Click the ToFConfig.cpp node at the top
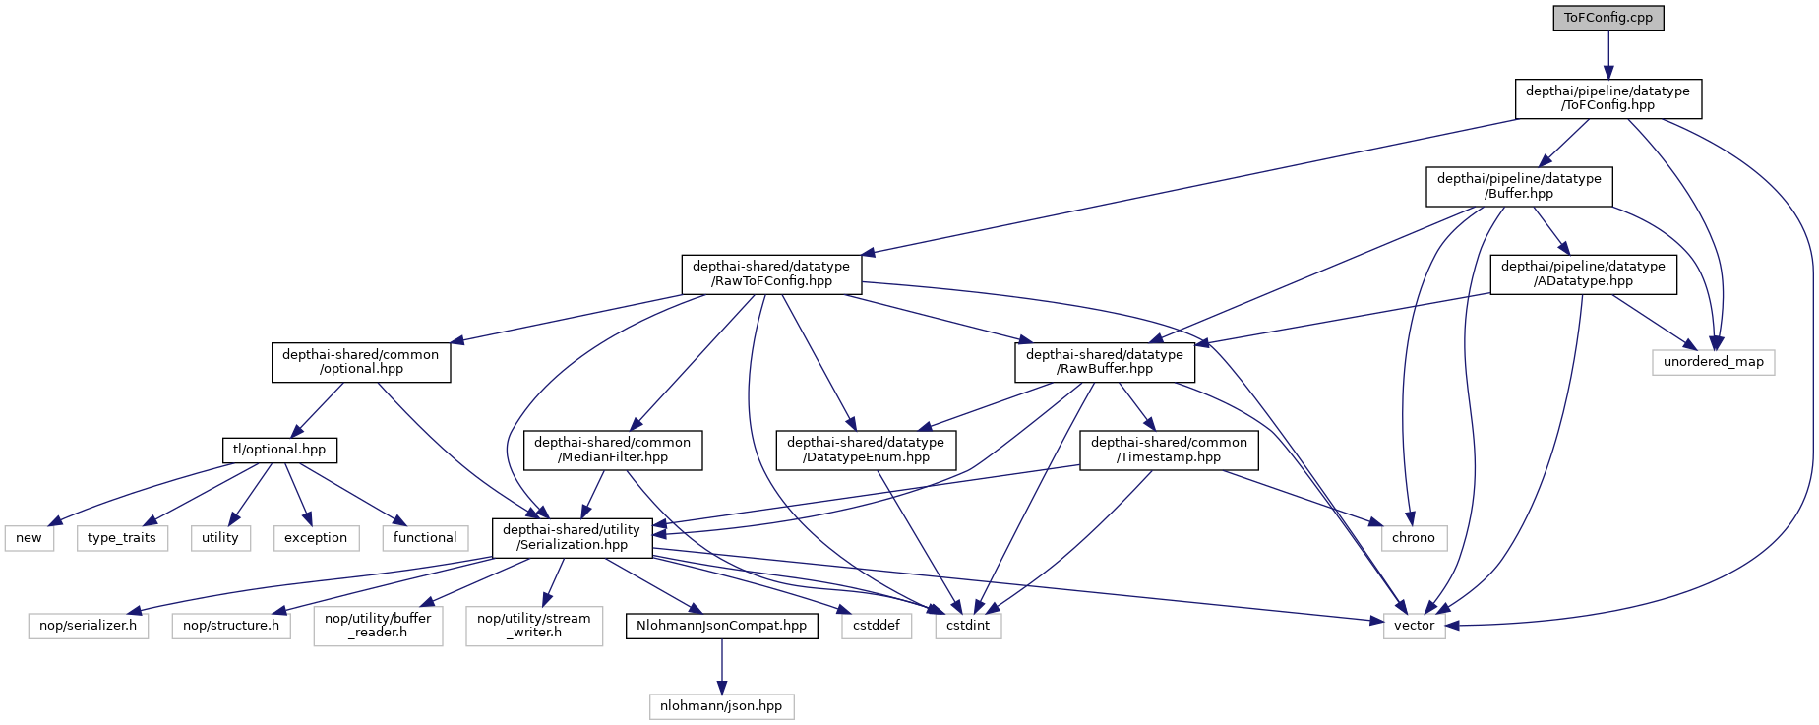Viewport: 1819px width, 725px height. click(1608, 18)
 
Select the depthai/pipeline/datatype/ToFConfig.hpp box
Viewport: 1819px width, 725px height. click(1607, 98)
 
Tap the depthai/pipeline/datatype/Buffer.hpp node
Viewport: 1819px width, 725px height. click(1519, 186)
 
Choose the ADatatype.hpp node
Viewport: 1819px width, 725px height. click(1583, 273)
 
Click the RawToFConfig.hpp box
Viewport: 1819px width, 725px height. click(771, 273)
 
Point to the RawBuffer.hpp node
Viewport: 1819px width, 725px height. click(1105, 362)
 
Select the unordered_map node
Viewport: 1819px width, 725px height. click(1713, 362)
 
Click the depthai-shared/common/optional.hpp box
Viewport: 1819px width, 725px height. click(361, 362)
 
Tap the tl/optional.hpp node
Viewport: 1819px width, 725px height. click(279, 450)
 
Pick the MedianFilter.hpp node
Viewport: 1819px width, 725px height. click(612, 450)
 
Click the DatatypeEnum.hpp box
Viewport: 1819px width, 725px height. click(866, 450)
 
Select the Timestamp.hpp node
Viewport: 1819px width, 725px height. click(1169, 450)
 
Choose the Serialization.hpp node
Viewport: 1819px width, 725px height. click(572, 537)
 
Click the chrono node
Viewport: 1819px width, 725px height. click(1414, 538)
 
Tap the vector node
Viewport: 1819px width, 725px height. click(1414, 626)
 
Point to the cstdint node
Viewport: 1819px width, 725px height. click(968, 626)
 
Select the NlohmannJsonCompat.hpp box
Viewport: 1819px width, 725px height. click(721, 626)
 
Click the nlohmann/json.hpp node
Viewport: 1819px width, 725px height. click(721, 706)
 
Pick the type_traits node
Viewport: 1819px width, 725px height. click(122, 538)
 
